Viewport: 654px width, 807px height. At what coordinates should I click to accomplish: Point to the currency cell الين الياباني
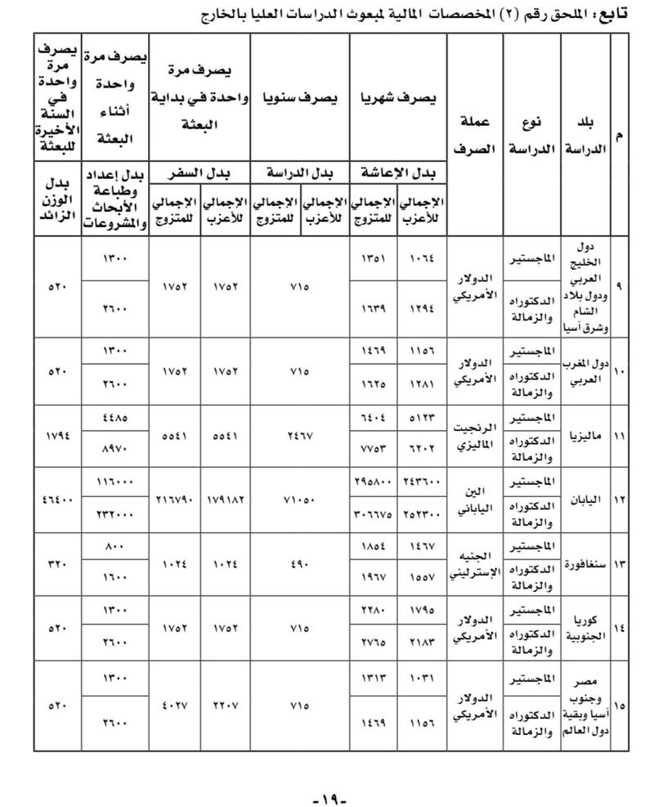click(x=473, y=499)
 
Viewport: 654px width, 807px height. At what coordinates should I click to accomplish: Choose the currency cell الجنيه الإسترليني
click(x=473, y=564)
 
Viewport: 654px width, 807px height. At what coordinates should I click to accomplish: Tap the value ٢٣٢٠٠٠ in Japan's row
click(x=115, y=516)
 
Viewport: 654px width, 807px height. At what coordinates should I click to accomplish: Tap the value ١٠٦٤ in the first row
click(x=423, y=257)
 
